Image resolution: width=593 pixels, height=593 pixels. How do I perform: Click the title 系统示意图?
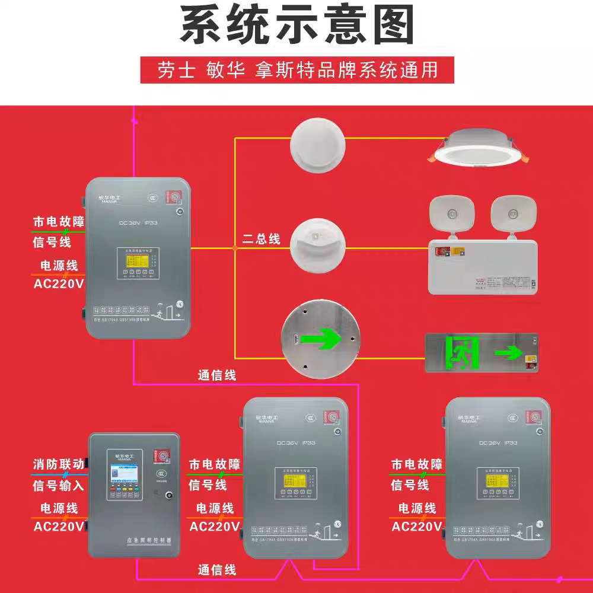coord(297,27)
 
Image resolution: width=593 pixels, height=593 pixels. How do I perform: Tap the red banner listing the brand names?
coord(297,70)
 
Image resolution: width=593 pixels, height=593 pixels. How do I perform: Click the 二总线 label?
coord(262,240)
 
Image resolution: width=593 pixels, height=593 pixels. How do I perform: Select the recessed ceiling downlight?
coord(480,148)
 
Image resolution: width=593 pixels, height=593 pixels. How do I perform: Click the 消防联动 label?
coord(59,464)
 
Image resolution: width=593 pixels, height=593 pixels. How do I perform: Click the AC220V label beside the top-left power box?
coord(59,283)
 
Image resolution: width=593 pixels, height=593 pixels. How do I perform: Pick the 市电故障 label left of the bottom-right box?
coord(417,464)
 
